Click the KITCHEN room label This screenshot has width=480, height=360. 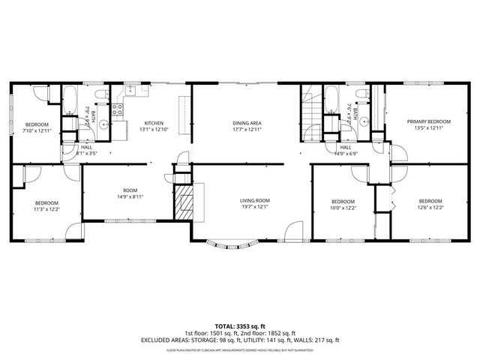154,122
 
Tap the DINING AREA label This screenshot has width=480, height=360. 246,122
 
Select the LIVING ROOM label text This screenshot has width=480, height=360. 254,201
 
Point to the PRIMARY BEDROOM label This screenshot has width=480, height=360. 429,121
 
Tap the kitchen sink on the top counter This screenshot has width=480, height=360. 132,91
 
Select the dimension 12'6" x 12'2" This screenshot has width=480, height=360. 430,208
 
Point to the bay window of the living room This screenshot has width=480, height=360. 232,244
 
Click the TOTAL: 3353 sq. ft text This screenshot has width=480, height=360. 239,325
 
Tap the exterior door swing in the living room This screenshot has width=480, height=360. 295,229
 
